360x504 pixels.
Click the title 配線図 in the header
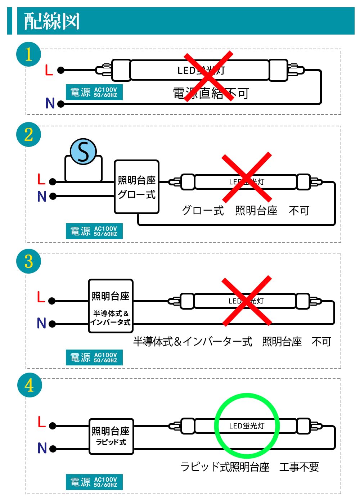coord(52,21)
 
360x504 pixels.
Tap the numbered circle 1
coord(29,55)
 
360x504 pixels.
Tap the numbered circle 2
coord(29,135)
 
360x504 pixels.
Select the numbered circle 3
coord(29,261)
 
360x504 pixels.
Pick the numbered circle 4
coord(30,385)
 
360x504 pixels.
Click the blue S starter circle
coord(83,152)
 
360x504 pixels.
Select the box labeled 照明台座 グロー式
coord(136,187)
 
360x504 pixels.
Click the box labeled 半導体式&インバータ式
coord(111,306)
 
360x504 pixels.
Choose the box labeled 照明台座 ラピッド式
coord(111,436)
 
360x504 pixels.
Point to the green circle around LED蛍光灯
coord(247,426)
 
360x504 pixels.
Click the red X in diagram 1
coord(208,76)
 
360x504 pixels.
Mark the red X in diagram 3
coord(247,301)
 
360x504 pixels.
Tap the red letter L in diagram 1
coord(49,70)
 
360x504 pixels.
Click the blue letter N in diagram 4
coord(42,448)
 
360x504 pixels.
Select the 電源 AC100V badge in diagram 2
coord(94,231)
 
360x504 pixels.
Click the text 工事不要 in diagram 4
coord(299,467)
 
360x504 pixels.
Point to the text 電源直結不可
coord(211,94)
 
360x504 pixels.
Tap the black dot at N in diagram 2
coord(53,196)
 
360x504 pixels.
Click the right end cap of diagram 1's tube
coord(279,70)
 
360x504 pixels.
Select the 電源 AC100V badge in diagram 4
coord(94,482)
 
